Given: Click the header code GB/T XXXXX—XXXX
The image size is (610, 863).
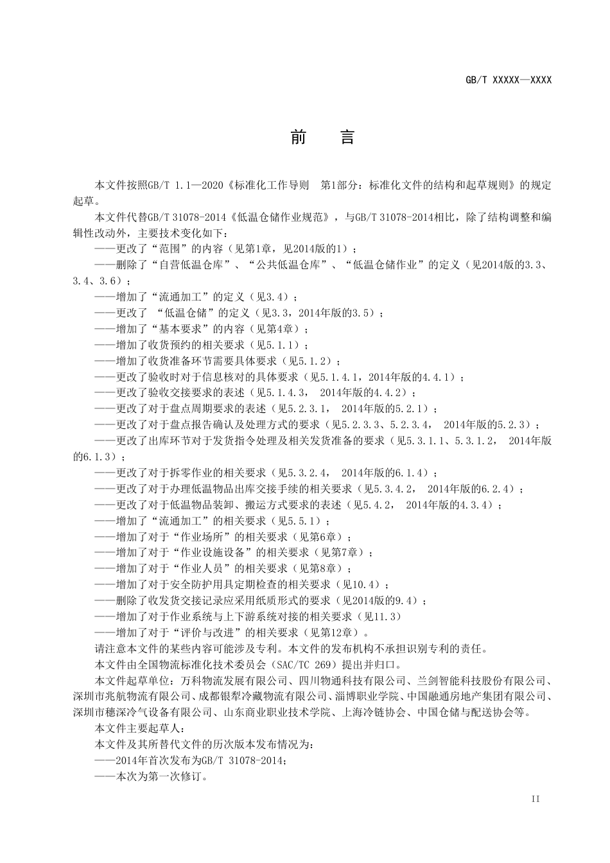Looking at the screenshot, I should pos(509,80).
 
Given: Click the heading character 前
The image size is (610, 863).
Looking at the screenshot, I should pos(298,137).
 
